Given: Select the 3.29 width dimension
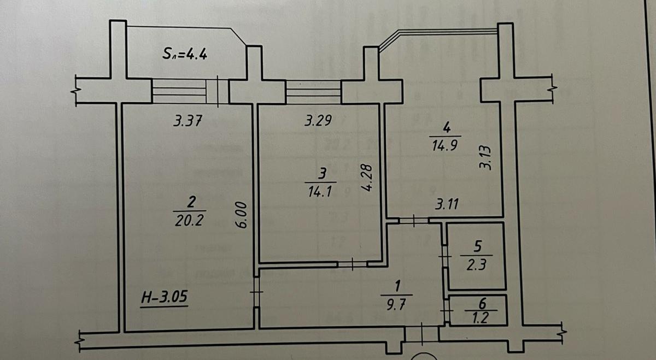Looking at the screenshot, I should (318, 121).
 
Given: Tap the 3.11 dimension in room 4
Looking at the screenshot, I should (447, 205).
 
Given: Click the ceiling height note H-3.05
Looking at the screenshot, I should (164, 298).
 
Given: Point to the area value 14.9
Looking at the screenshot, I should (445, 145).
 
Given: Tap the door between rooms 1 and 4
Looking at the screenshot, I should (413, 221).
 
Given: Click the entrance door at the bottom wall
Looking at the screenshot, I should (421, 333).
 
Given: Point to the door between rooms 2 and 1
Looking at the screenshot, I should (256, 293).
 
